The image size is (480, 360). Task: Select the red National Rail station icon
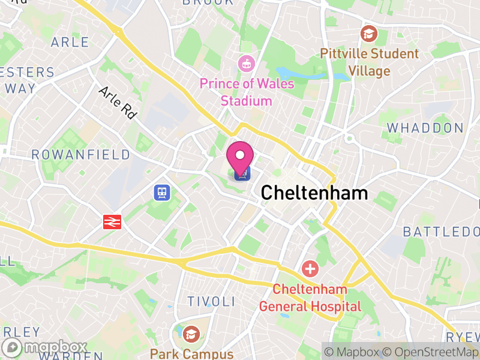click(112, 221)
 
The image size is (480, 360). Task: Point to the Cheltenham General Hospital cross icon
click(310, 268)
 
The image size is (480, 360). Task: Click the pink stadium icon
click(245, 62)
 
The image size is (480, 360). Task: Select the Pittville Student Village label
click(369, 62)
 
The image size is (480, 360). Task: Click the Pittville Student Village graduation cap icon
click(369, 32)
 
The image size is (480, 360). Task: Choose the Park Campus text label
click(191, 353)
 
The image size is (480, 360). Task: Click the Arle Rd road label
click(117, 103)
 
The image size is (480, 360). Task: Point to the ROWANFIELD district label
click(80, 155)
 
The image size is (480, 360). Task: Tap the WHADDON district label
click(425, 128)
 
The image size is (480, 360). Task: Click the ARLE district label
click(70, 42)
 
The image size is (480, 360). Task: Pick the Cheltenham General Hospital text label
click(310, 298)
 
